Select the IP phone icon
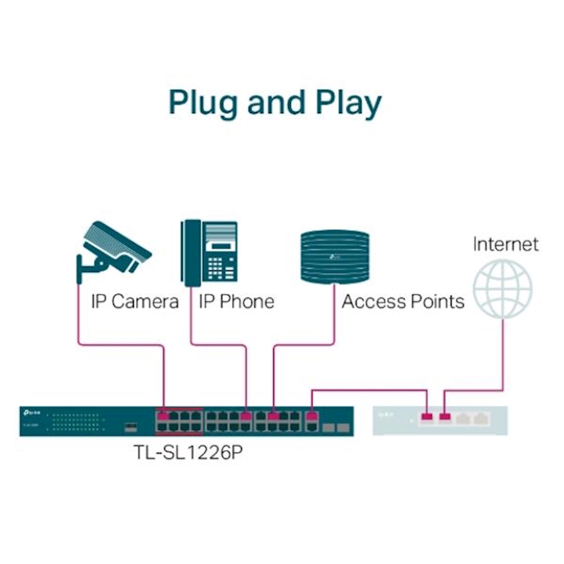210,253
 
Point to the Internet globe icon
503,289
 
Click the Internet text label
505,244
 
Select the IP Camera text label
134,301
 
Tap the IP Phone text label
236,301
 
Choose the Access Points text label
403,301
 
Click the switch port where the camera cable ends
163,416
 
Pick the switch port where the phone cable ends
246,416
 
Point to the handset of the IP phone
192,253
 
